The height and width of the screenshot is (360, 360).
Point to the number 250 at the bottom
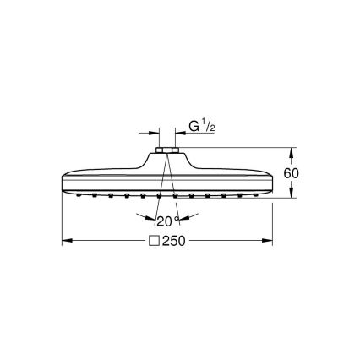click(174, 241)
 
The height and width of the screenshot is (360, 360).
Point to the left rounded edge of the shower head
click(66, 181)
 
